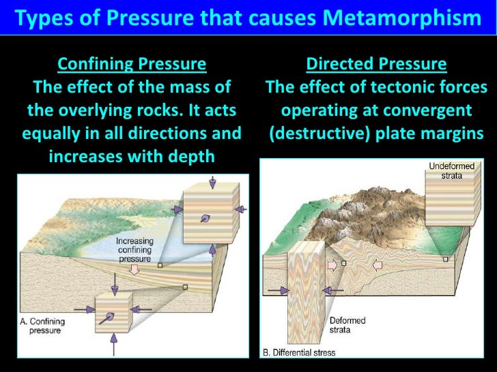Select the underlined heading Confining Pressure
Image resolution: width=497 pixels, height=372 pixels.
(132, 65)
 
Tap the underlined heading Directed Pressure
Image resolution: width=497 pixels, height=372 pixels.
(376, 65)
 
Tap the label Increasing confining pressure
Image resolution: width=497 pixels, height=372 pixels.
(139, 250)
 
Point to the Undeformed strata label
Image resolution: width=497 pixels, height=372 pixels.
(446, 170)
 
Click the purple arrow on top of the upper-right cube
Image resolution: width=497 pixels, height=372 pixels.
(211, 182)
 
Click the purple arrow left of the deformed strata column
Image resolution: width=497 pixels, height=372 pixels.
(275, 290)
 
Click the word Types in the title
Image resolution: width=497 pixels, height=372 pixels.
(41, 18)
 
